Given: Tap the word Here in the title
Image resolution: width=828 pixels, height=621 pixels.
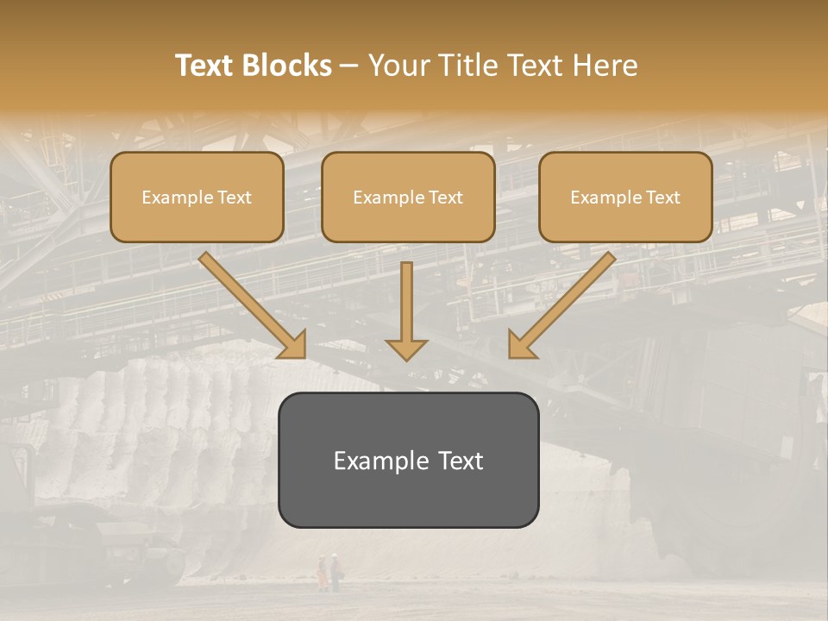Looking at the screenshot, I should coord(604,66).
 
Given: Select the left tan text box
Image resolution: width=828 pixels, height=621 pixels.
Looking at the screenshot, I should coord(197,197).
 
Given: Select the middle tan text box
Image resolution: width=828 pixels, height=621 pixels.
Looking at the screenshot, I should coord(408,197).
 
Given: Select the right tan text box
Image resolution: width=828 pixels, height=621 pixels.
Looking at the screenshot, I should coord(625,197).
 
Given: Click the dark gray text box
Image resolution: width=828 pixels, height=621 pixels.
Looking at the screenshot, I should coord(408,460).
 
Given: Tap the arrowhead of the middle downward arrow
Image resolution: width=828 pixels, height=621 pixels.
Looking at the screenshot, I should coord(406,348).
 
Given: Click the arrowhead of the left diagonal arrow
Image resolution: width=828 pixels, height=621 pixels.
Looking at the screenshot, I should coord(294,345).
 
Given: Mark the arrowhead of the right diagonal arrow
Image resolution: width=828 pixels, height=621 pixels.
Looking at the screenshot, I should coord(520,345).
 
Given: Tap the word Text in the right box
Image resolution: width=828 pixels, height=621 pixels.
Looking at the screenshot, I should coord(662,198).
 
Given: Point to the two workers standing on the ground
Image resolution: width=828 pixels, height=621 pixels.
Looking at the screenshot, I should coord(329,572).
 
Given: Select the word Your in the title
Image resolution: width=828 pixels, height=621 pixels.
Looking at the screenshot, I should coord(398,66).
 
